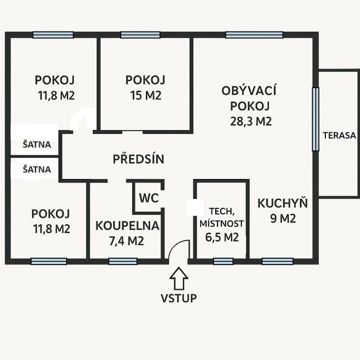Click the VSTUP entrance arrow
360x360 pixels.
(179, 278)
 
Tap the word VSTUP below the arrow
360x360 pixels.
(178, 298)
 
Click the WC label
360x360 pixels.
(149, 198)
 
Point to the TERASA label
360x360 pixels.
(340, 135)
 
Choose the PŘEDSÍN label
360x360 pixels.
(139, 158)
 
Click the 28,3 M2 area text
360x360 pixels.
(251, 121)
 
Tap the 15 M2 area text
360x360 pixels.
(146, 96)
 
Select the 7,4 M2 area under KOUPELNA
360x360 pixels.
(126, 241)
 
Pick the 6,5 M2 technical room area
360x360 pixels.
(222, 237)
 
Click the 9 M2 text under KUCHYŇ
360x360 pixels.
(283, 218)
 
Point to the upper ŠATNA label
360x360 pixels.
(37, 145)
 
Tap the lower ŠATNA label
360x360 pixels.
(37, 170)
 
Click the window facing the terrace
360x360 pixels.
(316, 119)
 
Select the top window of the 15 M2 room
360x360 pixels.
(140, 35)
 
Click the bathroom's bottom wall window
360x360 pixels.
(123, 261)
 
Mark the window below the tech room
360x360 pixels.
(223, 261)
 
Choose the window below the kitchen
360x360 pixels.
(277, 261)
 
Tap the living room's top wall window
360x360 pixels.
(254, 35)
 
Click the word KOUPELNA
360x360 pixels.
(127, 226)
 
